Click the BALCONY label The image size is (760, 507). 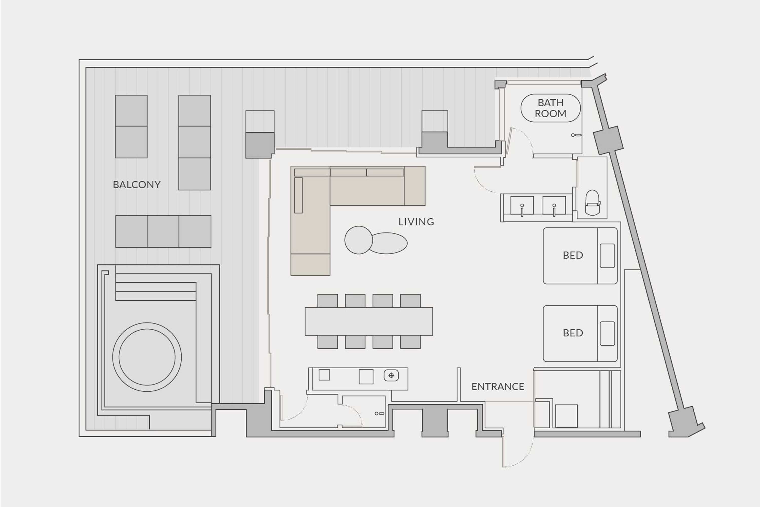click(137, 185)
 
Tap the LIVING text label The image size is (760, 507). click(416, 222)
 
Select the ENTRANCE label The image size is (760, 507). click(498, 387)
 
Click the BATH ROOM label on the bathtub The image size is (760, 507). click(550, 108)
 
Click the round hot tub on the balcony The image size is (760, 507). click(147, 357)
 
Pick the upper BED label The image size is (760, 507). click(573, 256)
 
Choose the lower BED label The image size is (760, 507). click(573, 333)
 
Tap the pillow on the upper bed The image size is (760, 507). click(607, 256)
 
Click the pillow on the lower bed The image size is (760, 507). click(607, 334)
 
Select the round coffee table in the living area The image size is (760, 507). click(358, 240)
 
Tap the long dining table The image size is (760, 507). click(369, 321)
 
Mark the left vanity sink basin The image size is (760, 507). click(522, 205)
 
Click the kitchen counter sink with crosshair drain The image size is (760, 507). click(391, 375)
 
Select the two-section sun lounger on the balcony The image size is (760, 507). click(131, 126)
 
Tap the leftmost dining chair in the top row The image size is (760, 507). click(327, 301)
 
